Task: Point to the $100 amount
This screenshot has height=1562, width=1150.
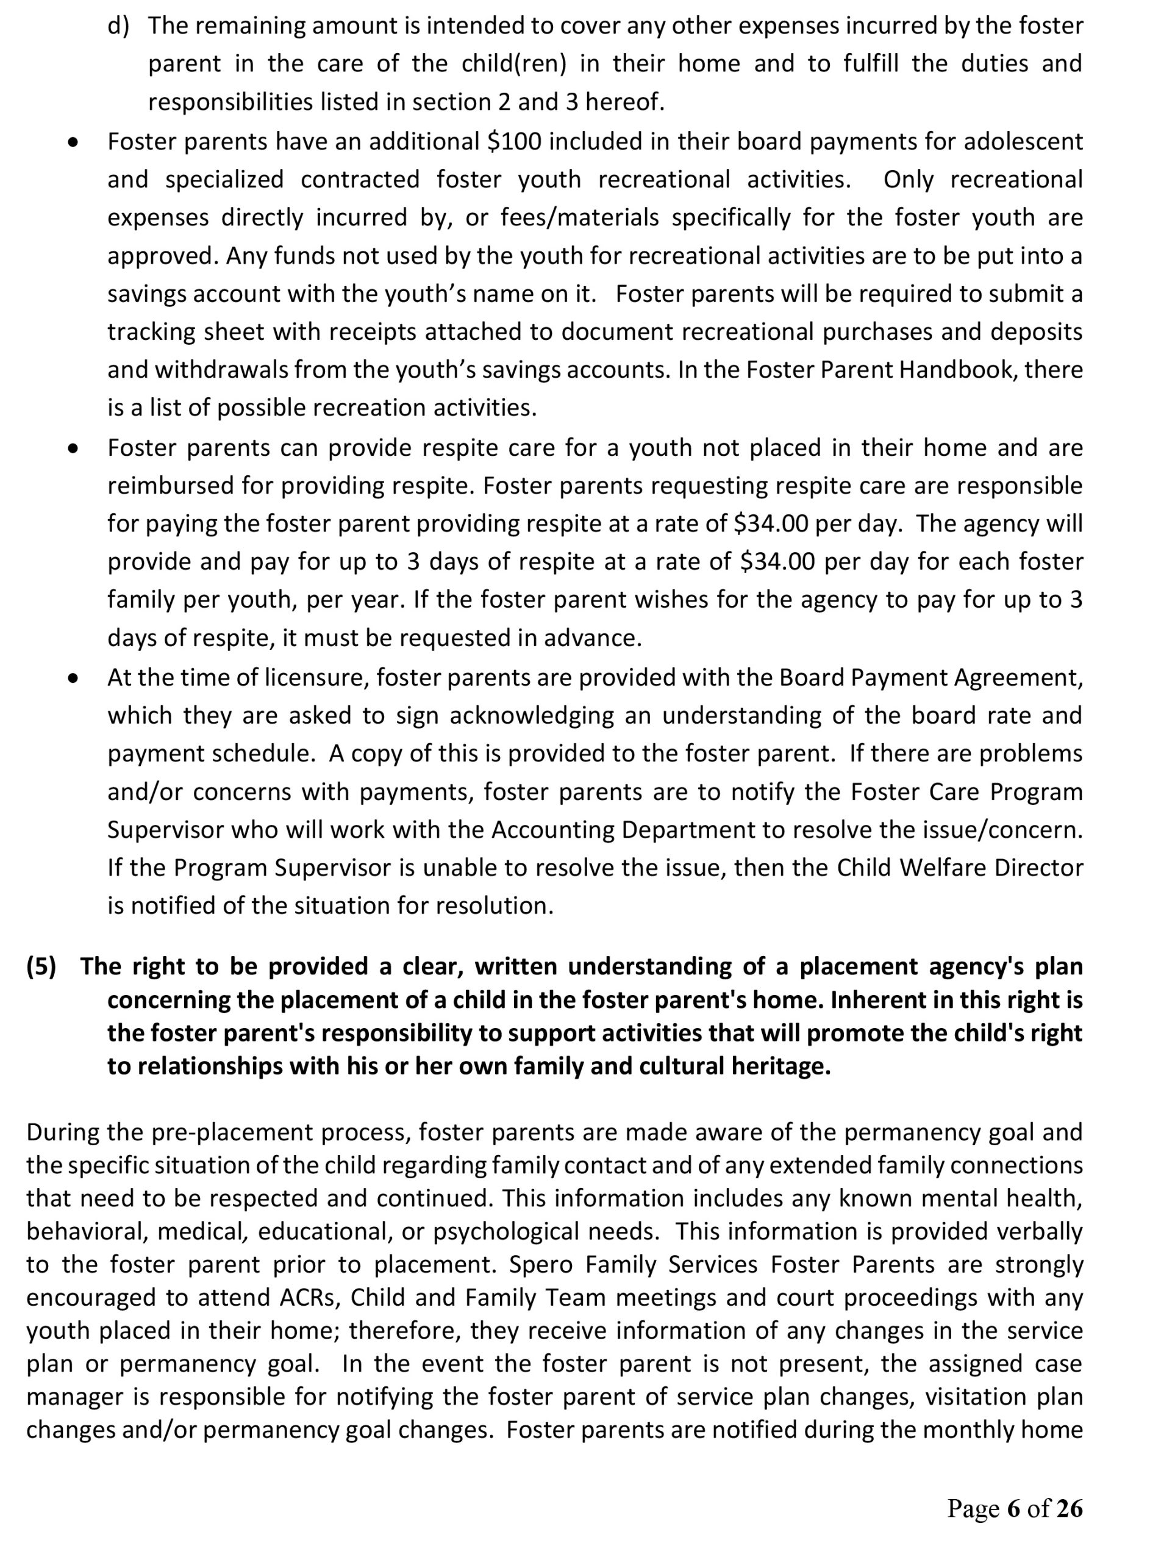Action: [514, 142]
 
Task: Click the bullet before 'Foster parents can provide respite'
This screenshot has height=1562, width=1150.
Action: [73, 449]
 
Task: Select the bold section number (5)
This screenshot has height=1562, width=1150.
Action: [41, 966]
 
